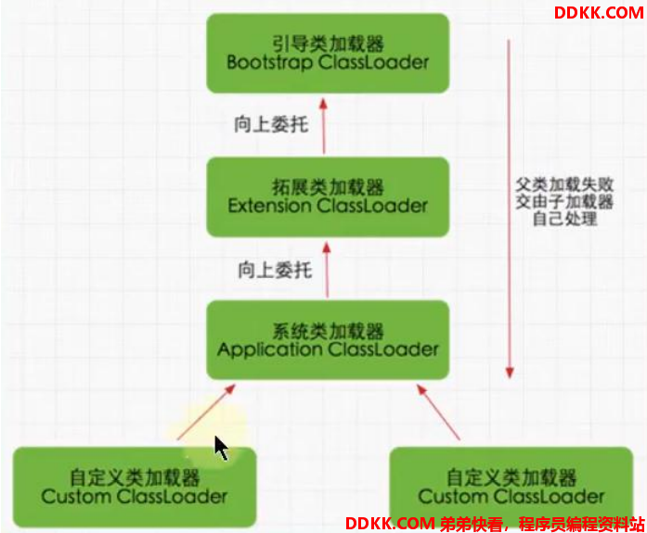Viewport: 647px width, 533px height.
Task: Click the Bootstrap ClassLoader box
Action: click(x=328, y=53)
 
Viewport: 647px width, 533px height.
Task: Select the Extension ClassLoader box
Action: click(x=328, y=197)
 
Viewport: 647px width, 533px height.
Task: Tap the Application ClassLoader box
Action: click(x=328, y=340)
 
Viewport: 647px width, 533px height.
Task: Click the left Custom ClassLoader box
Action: click(x=135, y=487)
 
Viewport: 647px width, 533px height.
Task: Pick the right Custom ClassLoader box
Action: click(x=511, y=487)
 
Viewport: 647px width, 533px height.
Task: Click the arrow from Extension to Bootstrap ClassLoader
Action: click(x=323, y=126)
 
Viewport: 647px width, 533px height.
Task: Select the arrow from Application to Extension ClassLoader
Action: click(x=327, y=270)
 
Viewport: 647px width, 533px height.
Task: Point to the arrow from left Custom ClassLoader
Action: click(x=206, y=412)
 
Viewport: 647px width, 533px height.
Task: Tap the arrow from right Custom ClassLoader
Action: click(x=438, y=412)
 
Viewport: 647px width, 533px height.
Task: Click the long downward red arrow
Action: click(x=510, y=209)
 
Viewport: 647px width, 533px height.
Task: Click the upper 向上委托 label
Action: click(x=271, y=124)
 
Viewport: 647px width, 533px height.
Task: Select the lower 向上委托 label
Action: click(x=275, y=270)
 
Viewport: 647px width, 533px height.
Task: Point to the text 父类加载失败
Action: click(x=564, y=185)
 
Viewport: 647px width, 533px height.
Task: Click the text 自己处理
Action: click(x=564, y=219)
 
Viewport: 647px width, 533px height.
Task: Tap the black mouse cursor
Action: click(x=221, y=448)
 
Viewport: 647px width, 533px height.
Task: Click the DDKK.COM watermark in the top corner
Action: click(x=599, y=13)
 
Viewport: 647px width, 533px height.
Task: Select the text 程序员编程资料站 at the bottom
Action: click(x=581, y=524)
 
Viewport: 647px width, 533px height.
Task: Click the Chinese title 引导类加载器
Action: click(x=328, y=44)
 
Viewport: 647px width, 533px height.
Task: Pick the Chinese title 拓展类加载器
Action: click(x=328, y=187)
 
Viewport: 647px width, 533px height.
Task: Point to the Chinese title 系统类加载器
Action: click(x=328, y=331)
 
